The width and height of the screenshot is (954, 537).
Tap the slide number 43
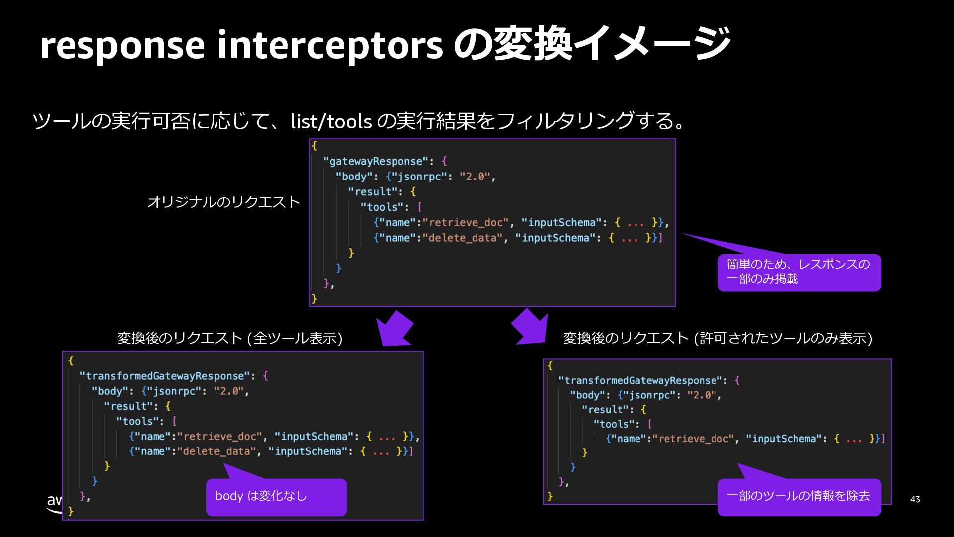point(915,499)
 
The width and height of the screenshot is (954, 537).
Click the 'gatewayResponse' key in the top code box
point(376,161)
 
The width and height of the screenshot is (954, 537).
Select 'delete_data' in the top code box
point(462,238)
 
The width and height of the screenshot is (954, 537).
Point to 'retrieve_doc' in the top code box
point(469,222)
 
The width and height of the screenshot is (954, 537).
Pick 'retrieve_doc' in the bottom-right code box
point(693,439)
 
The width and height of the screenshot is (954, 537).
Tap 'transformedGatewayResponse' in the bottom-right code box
point(639,380)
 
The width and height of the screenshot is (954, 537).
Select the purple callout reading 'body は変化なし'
point(276,497)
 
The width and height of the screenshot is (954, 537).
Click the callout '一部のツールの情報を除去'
point(799,497)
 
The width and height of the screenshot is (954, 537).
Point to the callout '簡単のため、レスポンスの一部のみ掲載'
point(799,272)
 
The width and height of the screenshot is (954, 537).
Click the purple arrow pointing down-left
point(394,329)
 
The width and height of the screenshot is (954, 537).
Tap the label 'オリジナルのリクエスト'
point(223,202)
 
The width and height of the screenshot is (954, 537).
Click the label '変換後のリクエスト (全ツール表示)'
point(230,338)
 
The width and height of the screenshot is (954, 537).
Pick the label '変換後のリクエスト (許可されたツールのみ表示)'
point(717,338)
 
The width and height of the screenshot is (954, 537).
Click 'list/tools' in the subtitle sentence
point(331,121)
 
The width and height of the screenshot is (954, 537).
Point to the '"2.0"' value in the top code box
point(475,177)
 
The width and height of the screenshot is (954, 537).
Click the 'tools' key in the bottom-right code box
point(614,424)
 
